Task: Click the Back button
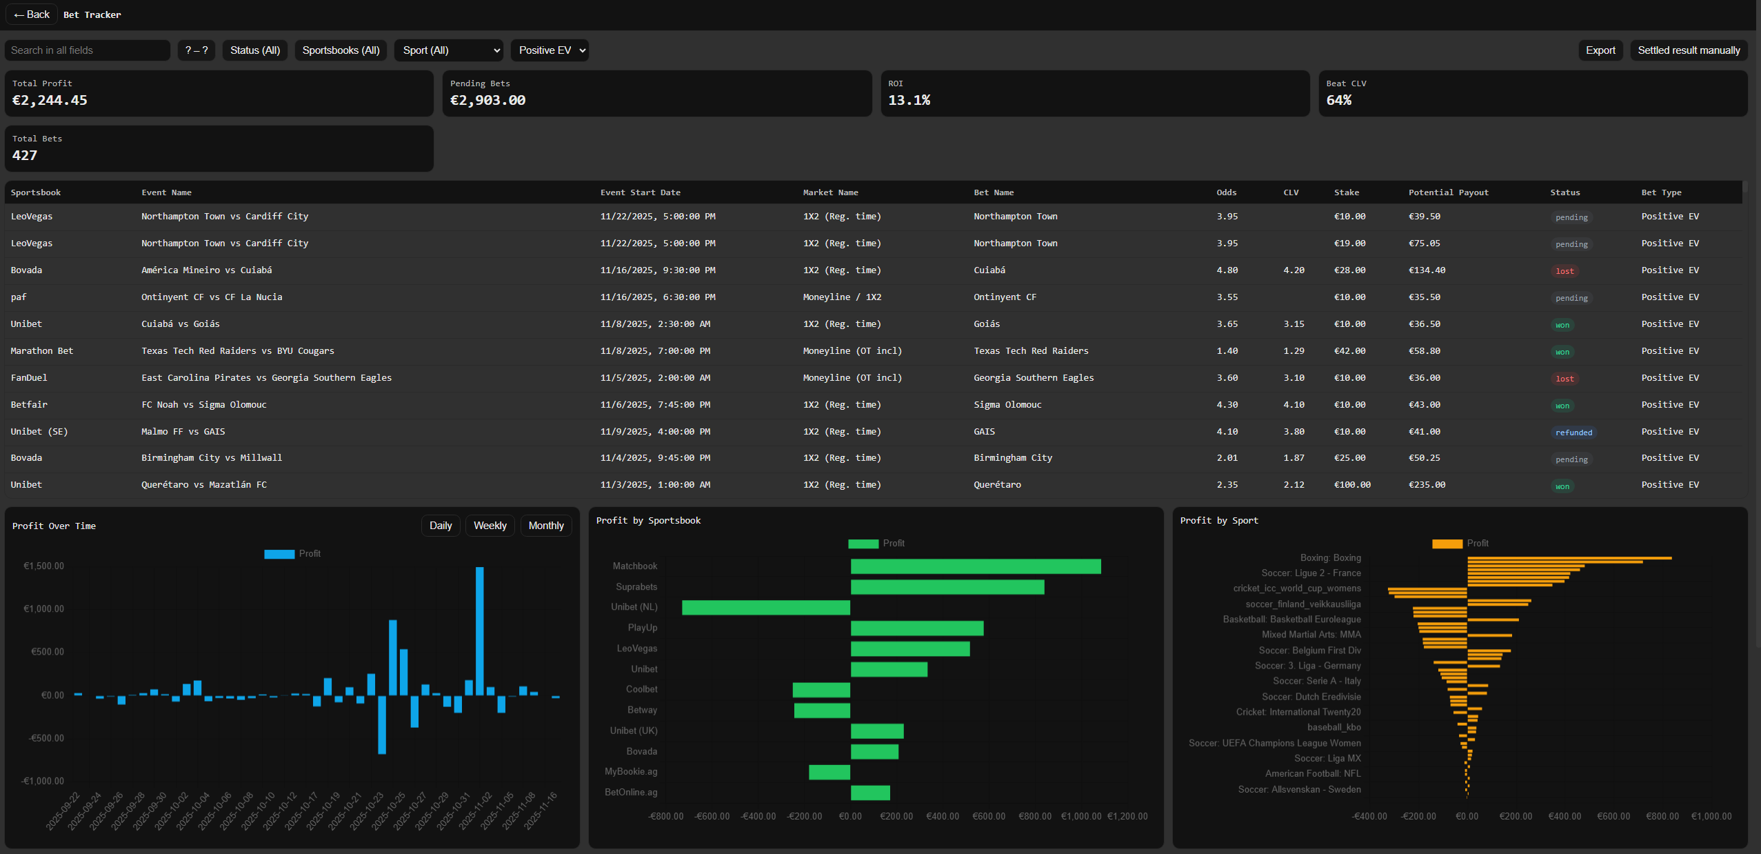(x=32, y=14)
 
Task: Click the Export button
(x=1600, y=50)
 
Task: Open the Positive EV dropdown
(x=549, y=50)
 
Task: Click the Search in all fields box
(x=87, y=50)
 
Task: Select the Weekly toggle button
(x=490, y=526)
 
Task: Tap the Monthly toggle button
(x=545, y=526)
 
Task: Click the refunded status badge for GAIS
(x=1573, y=433)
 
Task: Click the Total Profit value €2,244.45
(x=50, y=100)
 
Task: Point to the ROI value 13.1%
(x=909, y=100)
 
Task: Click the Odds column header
(x=1226, y=192)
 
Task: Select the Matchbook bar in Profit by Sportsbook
(x=975, y=566)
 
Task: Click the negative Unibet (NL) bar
(x=765, y=607)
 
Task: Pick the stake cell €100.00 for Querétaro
(x=1351, y=485)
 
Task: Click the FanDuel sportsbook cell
(x=29, y=378)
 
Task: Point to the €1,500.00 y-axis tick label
(x=43, y=566)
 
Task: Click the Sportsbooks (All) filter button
(x=341, y=50)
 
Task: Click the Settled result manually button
(x=1688, y=50)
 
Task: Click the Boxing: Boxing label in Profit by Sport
(x=1330, y=558)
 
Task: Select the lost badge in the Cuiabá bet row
(x=1564, y=271)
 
